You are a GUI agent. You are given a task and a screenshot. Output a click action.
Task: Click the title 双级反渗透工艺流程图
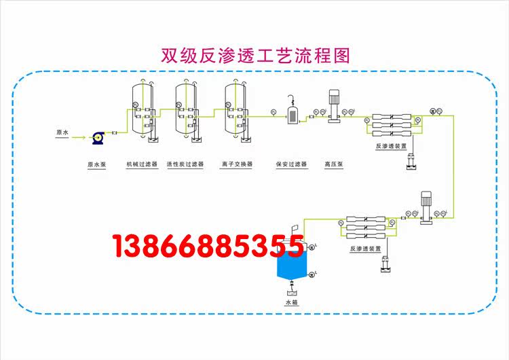255,54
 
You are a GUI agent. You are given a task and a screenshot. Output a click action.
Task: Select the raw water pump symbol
98,137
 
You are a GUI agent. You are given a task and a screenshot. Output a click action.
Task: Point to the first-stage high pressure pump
334,107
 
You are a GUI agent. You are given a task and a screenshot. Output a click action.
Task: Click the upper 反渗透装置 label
391,145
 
